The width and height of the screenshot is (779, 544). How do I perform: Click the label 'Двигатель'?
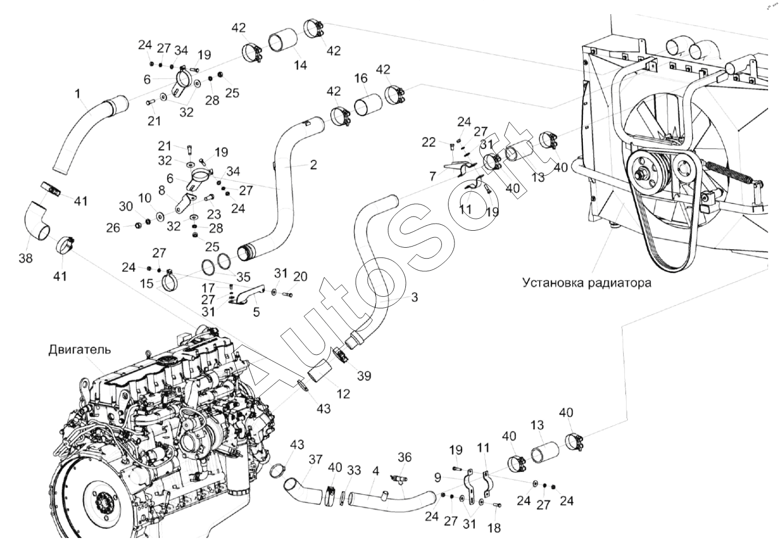pyautogui.click(x=80, y=349)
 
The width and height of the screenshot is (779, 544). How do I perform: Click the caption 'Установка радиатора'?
pyautogui.click(x=586, y=283)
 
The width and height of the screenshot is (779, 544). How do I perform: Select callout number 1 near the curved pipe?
pyautogui.click(x=78, y=94)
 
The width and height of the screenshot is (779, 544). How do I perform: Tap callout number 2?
pyautogui.click(x=313, y=164)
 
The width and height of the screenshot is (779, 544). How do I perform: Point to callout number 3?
pyautogui.click(x=414, y=297)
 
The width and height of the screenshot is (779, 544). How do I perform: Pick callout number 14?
pyautogui.click(x=300, y=65)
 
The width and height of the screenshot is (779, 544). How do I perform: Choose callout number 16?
pyautogui.click(x=361, y=78)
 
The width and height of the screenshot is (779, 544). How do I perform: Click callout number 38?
pyautogui.click(x=26, y=258)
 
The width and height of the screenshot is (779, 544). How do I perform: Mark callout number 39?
pyautogui.click(x=364, y=376)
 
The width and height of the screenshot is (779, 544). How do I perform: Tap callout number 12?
pyautogui.click(x=343, y=394)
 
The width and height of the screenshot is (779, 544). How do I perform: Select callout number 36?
pyautogui.click(x=404, y=457)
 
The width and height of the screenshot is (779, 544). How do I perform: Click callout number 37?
pyautogui.click(x=315, y=459)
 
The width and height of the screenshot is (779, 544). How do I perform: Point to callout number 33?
pyautogui.click(x=354, y=470)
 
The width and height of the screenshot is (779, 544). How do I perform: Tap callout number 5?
pyautogui.click(x=256, y=313)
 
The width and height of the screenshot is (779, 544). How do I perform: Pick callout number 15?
pyautogui.click(x=146, y=283)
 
